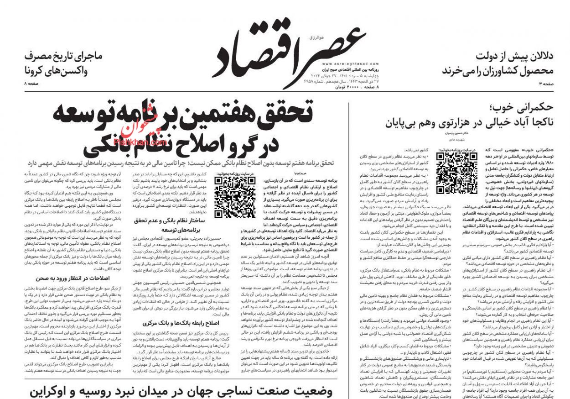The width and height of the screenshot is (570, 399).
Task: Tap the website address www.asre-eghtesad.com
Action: [342, 64]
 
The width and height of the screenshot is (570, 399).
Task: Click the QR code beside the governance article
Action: [451, 167]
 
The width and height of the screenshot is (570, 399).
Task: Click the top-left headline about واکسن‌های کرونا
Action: [64, 64]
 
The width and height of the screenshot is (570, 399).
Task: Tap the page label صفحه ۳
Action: [545, 84]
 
